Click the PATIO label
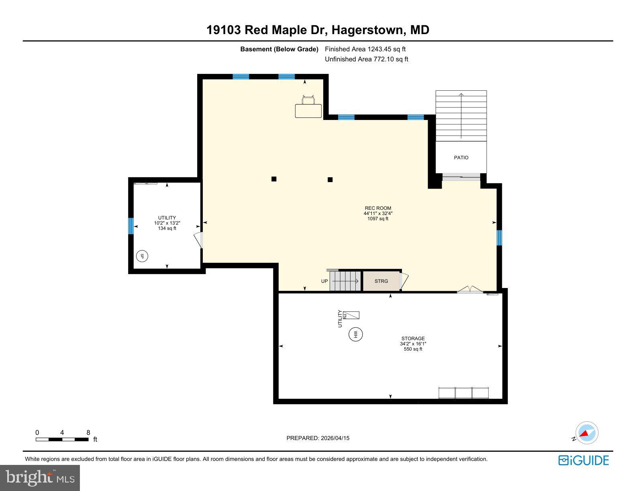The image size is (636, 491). pos(461,158)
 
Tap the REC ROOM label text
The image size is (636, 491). pos(378,208)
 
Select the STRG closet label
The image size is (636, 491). pos(381,281)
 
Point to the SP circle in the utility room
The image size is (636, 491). pos(142,256)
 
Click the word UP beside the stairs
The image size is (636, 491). pos(324,281)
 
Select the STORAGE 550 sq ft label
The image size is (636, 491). pos(413,344)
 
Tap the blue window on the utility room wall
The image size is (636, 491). pos(130,226)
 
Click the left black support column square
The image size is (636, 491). pos(274,179)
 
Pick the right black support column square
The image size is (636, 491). pos(330,180)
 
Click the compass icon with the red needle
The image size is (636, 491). pos(587,433)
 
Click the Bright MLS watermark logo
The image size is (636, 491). pos(40,478)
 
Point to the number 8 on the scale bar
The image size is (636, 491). pos(88,432)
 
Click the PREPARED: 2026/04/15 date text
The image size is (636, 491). pos(318,438)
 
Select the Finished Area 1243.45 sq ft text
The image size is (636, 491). pos(365,49)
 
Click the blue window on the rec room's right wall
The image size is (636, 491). pos(499,237)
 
